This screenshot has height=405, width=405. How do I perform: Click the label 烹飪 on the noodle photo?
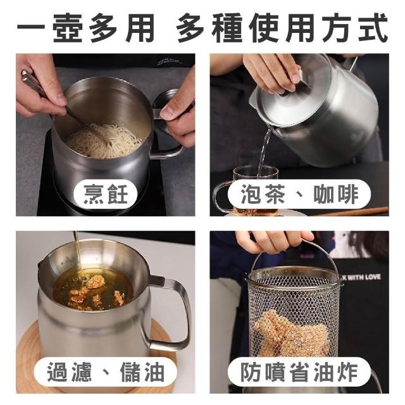[x=106, y=194]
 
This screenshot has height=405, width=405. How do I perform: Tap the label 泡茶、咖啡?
[x=299, y=194]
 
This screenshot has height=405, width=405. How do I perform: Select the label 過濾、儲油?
[x=106, y=372]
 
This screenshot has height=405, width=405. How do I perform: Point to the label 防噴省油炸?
[x=299, y=372]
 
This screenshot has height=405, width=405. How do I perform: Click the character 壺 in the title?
[x=68, y=28]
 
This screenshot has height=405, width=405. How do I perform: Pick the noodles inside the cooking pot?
[x=103, y=140]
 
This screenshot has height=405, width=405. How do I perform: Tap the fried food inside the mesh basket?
[x=292, y=333]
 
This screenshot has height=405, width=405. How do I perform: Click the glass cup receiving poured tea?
[x=248, y=190]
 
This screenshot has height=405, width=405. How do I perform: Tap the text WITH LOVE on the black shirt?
[x=364, y=277]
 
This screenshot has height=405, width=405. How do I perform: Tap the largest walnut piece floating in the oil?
[x=96, y=282]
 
